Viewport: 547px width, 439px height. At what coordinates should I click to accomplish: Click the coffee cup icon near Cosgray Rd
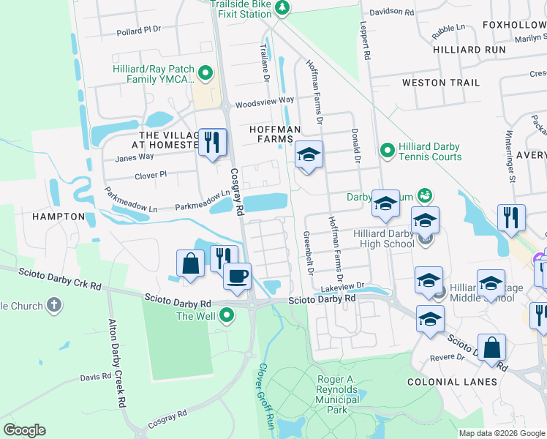pyautogui.click(x=237, y=277)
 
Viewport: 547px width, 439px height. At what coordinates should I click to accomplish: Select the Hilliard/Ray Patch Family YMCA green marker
pyautogui.click(x=205, y=72)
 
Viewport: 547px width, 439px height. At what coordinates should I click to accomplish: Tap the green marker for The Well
pyautogui.click(x=227, y=315)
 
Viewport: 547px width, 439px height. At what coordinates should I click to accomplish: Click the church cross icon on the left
pyautogui.click(x=53, y=304)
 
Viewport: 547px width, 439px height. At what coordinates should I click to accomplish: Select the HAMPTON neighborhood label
pyautogui.click(x=59, y=217)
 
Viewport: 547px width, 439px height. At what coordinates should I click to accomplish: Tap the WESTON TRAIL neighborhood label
pyautogui.click(x=441, y=83)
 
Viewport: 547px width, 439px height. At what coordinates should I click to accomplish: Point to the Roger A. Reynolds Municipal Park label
pyautogui.click(x=337, y=395)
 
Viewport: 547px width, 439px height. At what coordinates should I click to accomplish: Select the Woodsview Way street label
pyautogui.click(x=265, y=100)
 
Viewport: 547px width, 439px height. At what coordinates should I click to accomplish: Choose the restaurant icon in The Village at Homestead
pyautogui.click(x=213, y=141)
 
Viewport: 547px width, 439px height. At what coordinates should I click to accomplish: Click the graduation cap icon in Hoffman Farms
pyautogui.click(x=309, y=155)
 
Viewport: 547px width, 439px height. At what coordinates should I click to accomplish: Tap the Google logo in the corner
pyautogui.click(x=24, y=430)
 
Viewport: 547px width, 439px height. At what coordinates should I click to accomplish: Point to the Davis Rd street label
pyautogui.click(x=95, y=378)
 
